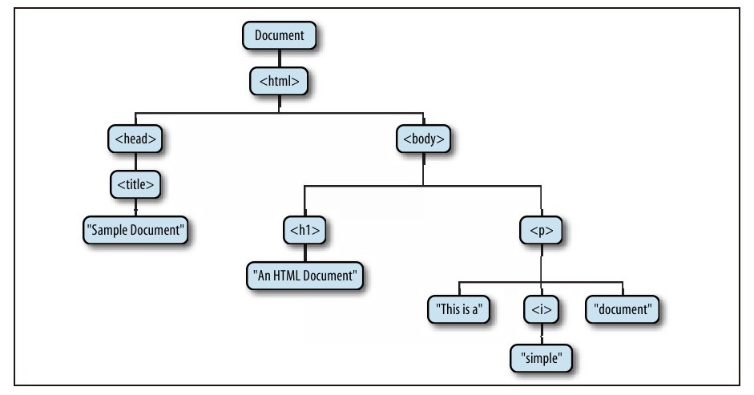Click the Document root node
tap(279, 36)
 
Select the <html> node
tap(279, 80)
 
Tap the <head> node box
tap(135, 139)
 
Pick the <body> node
tap(423, 139)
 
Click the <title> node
tap(135, 184)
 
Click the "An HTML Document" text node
tap(305, 276)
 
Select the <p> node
tap(542, 231)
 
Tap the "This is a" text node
tap(458, 309)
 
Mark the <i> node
tap(542, 309)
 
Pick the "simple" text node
tap(542, 356)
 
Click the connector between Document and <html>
tap(279, 58)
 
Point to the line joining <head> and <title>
tap(135, 161)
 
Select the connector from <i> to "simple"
tap(542, 333)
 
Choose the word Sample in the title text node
tap(113, 230)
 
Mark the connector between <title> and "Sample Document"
tap(135, 207)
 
